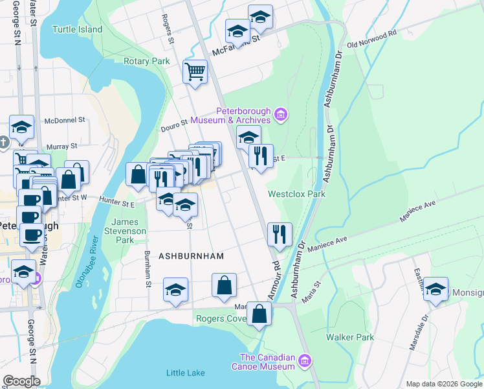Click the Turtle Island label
[x=77, y=29]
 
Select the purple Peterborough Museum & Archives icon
[x=280, y=115]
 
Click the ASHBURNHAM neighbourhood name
[x=191, y=256]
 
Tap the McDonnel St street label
[x=65, y=120]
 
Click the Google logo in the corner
[x=21, y=381]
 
